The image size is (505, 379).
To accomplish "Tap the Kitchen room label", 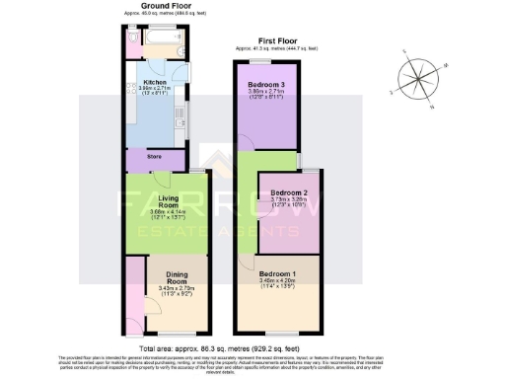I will click(x=155, y=82).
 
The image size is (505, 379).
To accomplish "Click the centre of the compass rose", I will click(x=415, y=79).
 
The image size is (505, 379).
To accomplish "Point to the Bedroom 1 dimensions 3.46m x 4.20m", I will click(x=277, y=282).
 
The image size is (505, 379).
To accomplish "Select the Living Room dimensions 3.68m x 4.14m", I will click(x=155, y=212).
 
